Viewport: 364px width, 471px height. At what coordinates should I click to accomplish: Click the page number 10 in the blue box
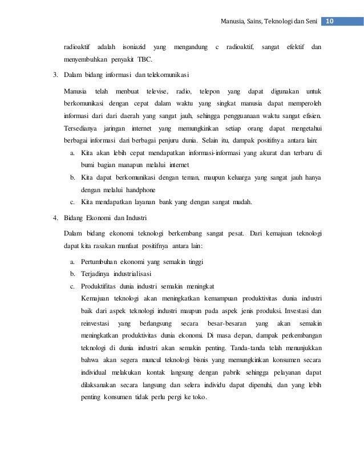330,21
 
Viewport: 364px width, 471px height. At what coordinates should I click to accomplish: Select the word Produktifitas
100,286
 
